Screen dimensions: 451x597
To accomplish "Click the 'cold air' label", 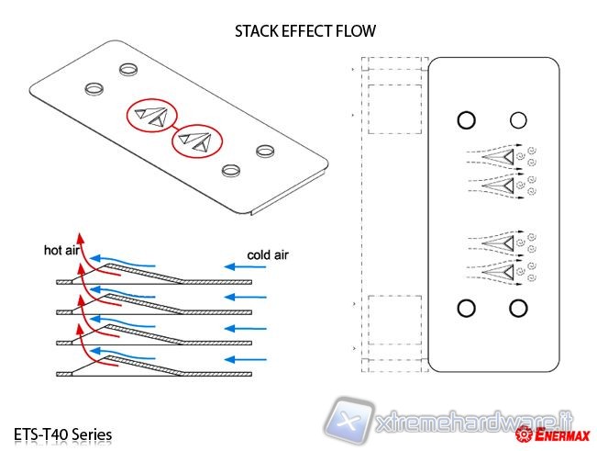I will pos(268,254).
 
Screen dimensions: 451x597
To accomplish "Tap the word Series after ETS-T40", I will pos(94,432).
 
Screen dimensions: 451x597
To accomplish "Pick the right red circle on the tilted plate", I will pos(197,141).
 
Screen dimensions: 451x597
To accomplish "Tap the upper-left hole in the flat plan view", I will pos(465,120).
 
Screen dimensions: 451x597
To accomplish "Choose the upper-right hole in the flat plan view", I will pos(518,120).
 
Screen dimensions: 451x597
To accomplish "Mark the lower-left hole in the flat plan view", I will pos(465,309).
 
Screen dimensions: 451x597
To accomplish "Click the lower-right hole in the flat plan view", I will pos(518,309).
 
